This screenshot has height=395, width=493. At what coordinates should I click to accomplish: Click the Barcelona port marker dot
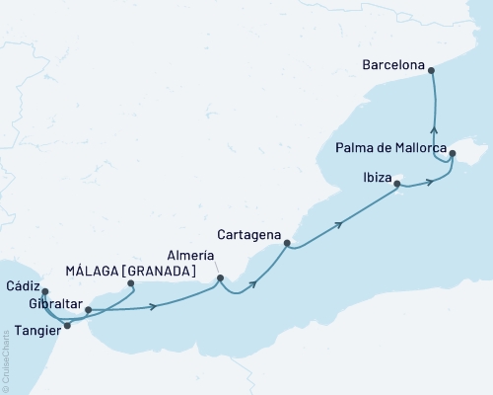[x=432, y=67]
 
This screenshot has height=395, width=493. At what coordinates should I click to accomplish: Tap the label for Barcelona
[x=393, y=67]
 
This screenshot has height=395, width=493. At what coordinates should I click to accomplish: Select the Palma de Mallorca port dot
[x=452, y=154]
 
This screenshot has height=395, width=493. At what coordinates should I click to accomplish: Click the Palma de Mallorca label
[x=388, y=149]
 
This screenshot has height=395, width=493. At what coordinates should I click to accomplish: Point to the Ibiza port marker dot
[x=396, y=184]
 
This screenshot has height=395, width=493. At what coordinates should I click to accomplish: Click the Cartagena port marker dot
[x=287, y=243]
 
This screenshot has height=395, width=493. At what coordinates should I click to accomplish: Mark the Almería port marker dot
[x=220, y=277]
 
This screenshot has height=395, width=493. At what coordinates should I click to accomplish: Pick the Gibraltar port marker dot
[x=88, y=310]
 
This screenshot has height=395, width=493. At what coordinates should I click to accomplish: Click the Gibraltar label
[x=55, y=300]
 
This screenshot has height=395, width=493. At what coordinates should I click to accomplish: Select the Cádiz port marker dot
[x=45, y=291]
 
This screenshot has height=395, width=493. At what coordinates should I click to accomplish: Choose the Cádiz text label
[x=22, y=284]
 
